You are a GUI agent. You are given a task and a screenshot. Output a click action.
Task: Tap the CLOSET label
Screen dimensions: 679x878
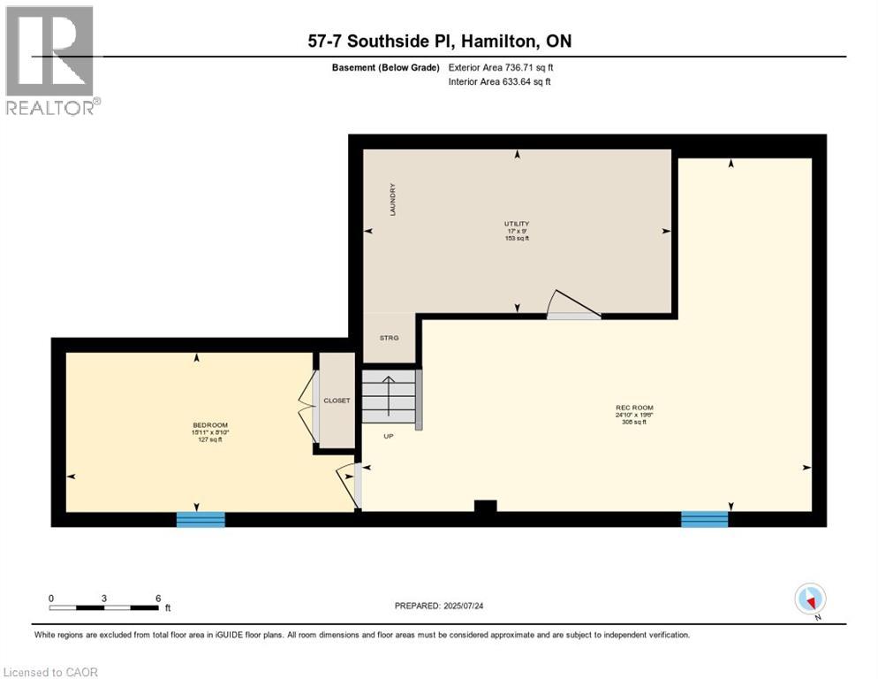click(x=337, y=401)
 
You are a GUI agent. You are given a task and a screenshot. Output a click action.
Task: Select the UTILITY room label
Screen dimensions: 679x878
click(x=517, y=224)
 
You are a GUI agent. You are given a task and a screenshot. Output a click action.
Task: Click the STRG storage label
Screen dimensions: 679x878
click(x=390, y=338)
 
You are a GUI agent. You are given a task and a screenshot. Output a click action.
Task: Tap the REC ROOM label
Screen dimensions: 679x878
click(x=633, y=408)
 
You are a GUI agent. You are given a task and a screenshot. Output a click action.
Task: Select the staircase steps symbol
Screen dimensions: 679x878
click(x=389, y=397)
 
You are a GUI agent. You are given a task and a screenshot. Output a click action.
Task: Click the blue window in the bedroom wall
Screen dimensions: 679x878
click(x=201, y=520)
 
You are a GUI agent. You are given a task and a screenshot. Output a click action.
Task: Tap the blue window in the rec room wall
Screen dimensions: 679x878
click(x=704, y=520)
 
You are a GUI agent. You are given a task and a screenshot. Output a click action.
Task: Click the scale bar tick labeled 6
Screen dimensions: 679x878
click(x=158, y=599)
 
